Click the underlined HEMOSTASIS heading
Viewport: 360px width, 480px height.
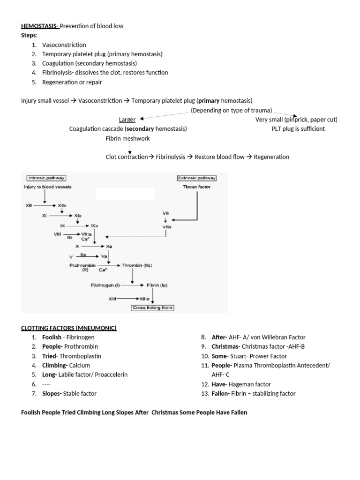[40, 26]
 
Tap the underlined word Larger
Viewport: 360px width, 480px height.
[127, 120]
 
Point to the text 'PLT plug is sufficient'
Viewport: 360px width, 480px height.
[298, 129]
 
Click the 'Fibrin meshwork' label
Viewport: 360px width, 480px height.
[128, 139]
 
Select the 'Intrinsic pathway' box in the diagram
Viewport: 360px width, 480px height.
[45, 178]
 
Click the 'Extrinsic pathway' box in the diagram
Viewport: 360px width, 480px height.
[197, 178]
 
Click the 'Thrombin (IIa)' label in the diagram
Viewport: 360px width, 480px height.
[137, 265]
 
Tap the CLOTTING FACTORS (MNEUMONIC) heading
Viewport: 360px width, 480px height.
[69, 328]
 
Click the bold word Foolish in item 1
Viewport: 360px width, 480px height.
[52, 337]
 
